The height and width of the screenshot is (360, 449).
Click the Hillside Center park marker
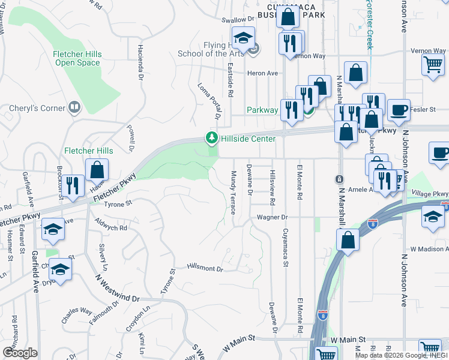click(x=211, y=139)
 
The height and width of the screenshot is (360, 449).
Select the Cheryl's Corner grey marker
click(x=74, y=108)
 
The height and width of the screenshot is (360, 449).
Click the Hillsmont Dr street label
click(x=205, y=268)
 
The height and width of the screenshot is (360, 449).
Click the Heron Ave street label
click(x=264, y=73)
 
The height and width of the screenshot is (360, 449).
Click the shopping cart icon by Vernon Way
click(x=433, y=64)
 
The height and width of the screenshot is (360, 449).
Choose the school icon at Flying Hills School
click(x=243, y=39)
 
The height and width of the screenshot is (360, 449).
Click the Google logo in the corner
click(x=20, y=352)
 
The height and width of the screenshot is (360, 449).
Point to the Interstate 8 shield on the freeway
click(x=373, y=224)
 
